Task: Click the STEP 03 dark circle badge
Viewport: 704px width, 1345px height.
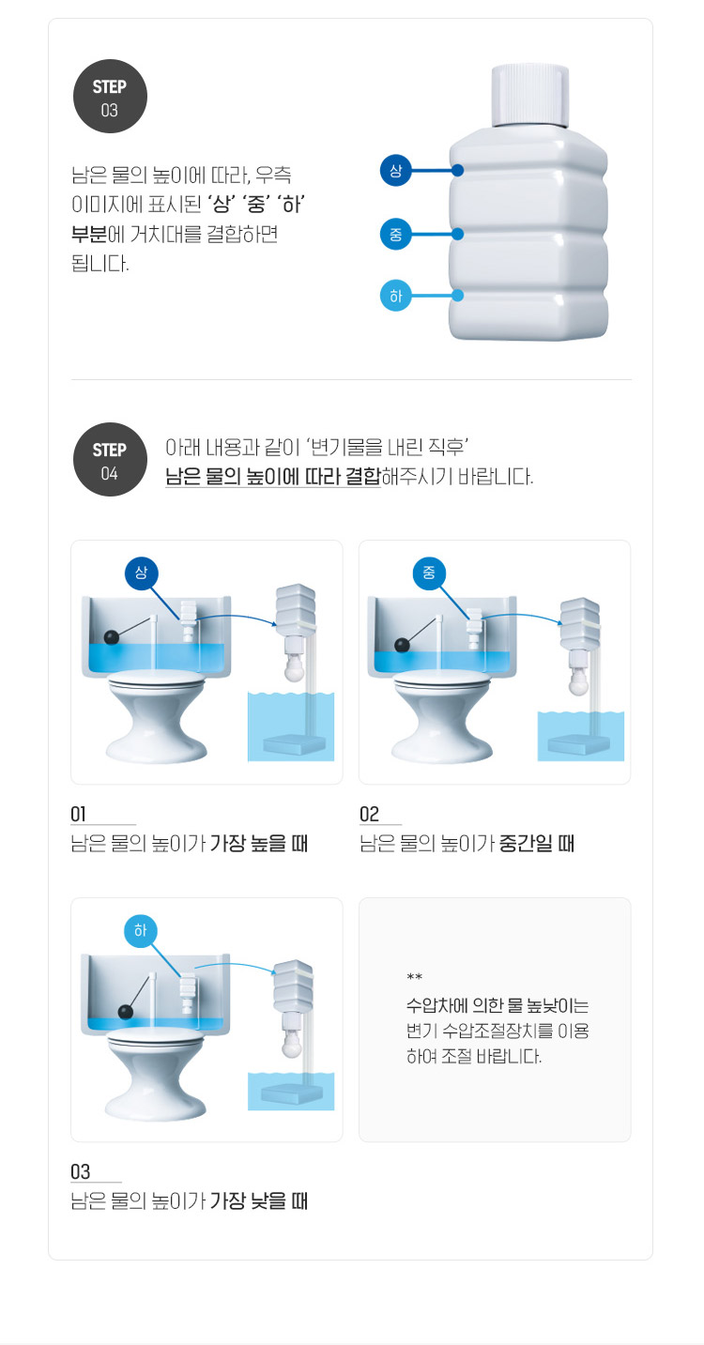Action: pyautogui.click(x=110, y=96)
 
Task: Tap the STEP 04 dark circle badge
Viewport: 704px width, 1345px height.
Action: pyautogui.click(x=110, y=459)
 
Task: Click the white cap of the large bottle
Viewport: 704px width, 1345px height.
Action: pyautogui.click(x=529, y=96)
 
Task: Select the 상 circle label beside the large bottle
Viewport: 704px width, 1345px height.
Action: pyautogui.click(x=396, y=171)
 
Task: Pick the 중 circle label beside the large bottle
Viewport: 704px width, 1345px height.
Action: pyautogui.click(x=396, y=234)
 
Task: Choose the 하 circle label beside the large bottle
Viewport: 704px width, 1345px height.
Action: pyautogui.click(x=396, y=296)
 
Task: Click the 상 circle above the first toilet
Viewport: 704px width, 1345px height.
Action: pyautogui.click(x=141, y=573)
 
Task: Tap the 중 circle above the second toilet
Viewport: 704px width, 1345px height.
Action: pyautogui.click(x=429, y=573)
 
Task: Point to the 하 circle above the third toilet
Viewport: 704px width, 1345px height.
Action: pyautogui.click(x=141, y=931)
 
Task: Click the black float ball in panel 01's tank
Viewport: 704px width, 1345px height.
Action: pyautogui.click(x=112, y=637)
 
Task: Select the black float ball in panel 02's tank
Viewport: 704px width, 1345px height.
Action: pyautogui.click(x=402, y=646)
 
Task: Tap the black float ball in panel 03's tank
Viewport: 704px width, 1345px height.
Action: pyautogui.click(x=126, y=1012)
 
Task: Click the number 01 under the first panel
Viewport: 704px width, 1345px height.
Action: pyautogui.click(x=78, y=814)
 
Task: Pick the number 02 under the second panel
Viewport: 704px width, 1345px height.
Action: pyautogui.click(x=370, y=814)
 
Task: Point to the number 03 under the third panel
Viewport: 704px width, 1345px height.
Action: pyautogui.click(x=81, y=1171)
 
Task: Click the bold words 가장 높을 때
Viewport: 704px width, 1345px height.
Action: pyautogui.click(x=259, y=843)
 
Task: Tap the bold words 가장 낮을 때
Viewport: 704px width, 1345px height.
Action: pyautogui.click(x=259, y=1200)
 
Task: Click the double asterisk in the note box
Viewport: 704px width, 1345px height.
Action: pyautogui.click(x=415, y=977)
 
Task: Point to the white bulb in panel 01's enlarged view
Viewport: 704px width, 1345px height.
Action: pyautogui.click(x=295, y=671)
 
